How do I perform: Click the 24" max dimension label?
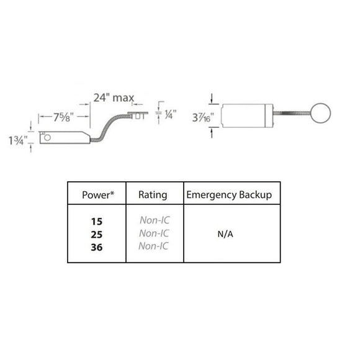coord(114,98)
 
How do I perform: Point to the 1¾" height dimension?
coord(18,140)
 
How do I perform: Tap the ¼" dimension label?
coord(170,114)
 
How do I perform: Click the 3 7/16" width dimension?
coord(203,117)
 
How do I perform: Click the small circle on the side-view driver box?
coord(47,138)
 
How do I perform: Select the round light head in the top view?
coord(320,113)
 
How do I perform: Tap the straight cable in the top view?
coord(292,113)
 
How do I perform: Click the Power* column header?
coord(98,195)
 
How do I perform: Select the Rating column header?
coord(153,195)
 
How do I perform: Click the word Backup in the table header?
coord(255,195)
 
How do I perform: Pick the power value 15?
coord(97,222)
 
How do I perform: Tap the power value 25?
coord(97,235)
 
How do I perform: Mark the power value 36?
coord(97,247)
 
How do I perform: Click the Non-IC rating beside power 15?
coord(155,220)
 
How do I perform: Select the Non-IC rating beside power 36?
coord(153,246)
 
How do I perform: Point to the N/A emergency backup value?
coord(225,234)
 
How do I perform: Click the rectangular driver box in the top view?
coord(247,115)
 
